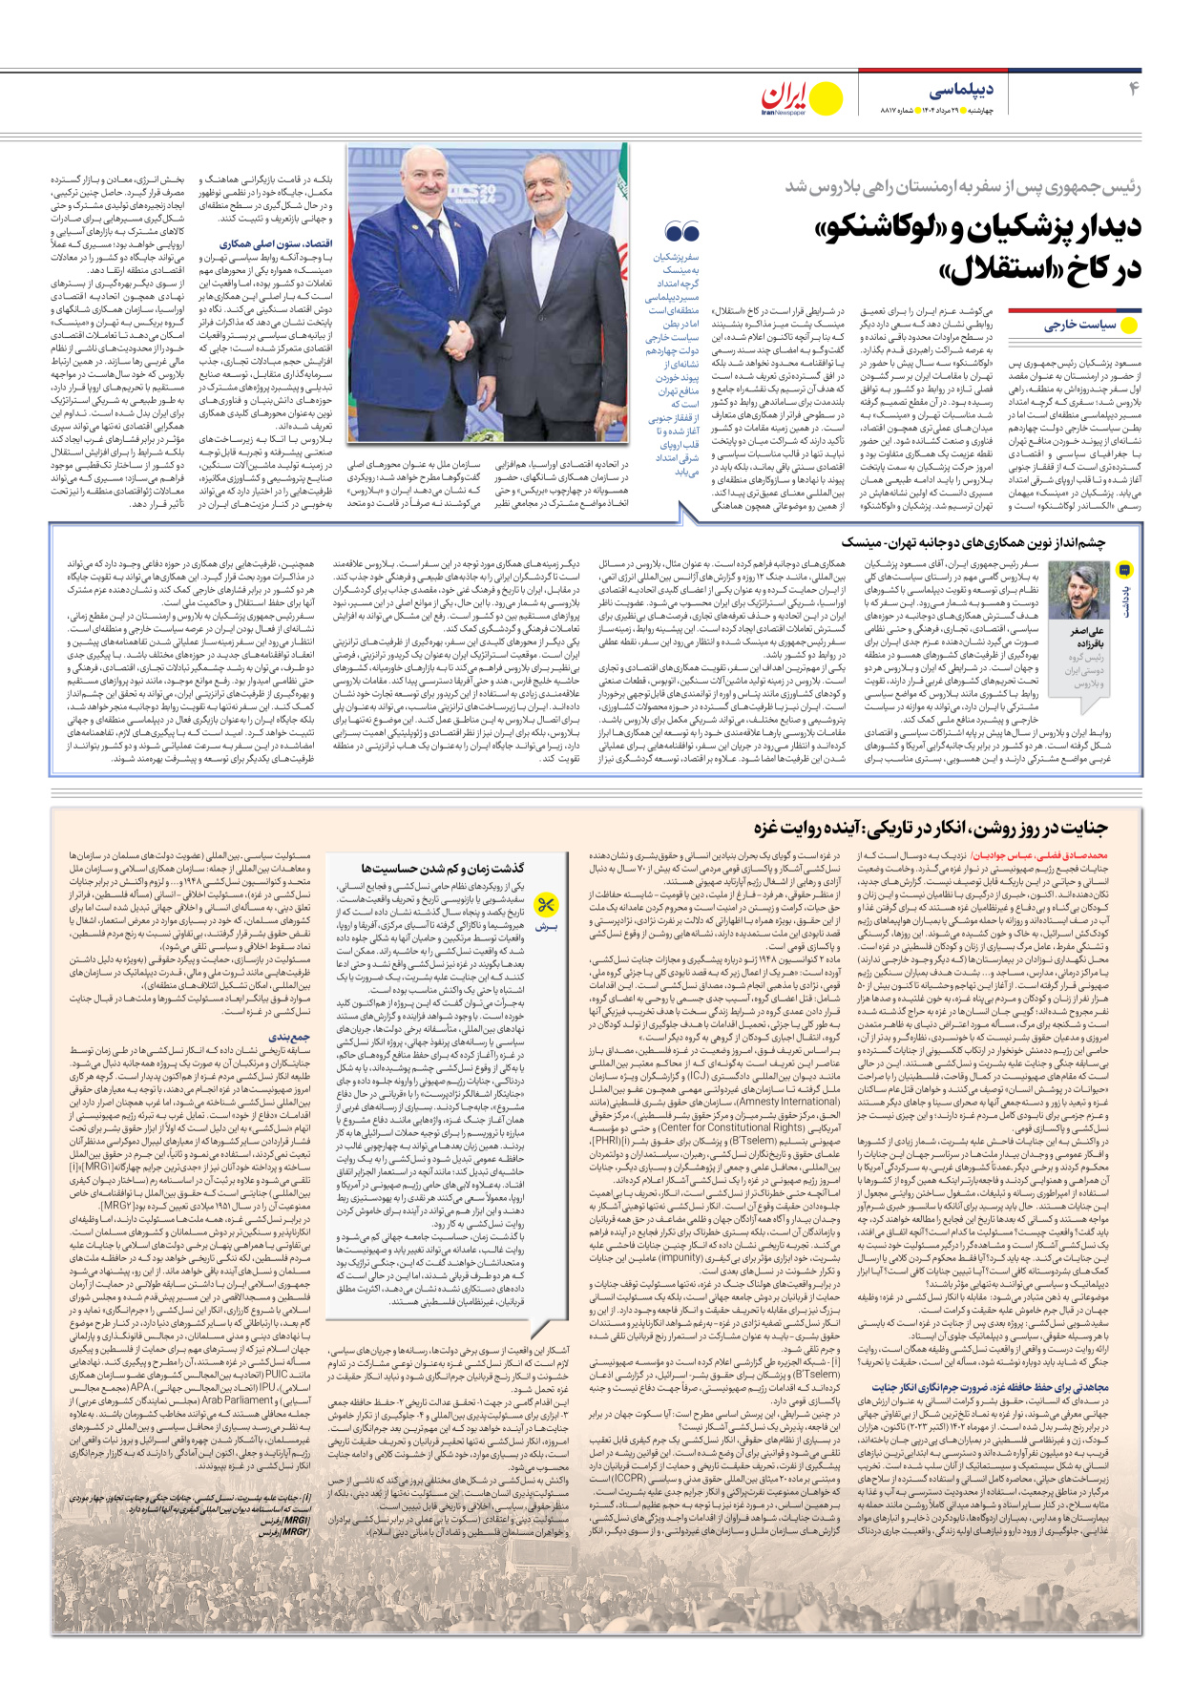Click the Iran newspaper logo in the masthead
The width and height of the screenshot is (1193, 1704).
coord(800,97)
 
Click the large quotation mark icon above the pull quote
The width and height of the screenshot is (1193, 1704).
coord(681,232)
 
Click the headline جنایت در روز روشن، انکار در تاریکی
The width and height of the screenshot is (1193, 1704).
coord(931,827)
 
